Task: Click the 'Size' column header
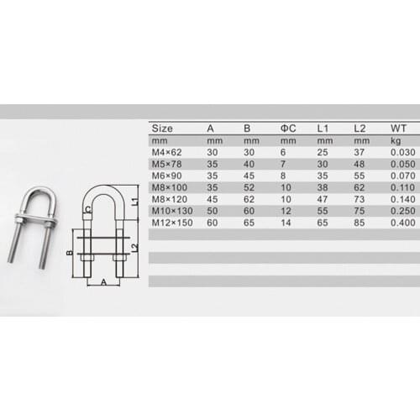(161, 128)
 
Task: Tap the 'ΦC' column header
(286, 128)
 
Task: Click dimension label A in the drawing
(103, 282)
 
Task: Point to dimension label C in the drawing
(87, 213)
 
